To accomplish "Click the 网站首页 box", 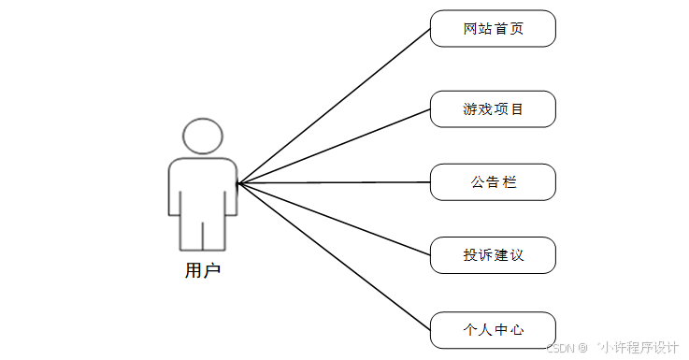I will coord(493,28).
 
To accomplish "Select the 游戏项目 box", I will coord(493,109).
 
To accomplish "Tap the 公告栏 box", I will coord(493,182).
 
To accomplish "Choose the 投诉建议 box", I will coord(493,255).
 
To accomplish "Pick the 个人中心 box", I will coord(493,330).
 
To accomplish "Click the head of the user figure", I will coord(203,136).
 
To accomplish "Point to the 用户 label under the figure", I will coord(203,271).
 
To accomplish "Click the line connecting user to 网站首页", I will coord(334,106).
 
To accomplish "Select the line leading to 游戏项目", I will coord(334,146).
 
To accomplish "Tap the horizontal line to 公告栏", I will coord(334,182).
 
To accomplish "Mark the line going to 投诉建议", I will coord(334,219).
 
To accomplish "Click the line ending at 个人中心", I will coord(334,256).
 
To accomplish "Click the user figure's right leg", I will coord(215,234).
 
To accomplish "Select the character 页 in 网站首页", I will coord(516,28).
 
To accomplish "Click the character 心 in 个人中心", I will coord(516,330).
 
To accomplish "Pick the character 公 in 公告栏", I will coord(477,182).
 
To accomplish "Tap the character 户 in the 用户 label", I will coord(212,271).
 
